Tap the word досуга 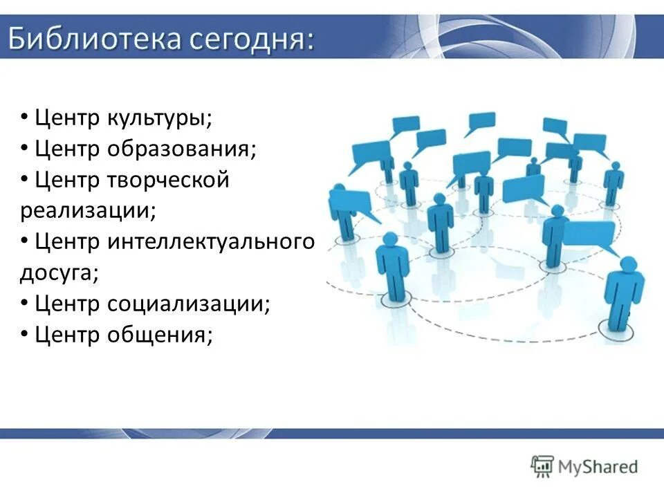(x=59, y=273)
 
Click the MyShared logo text (x=600, y=466)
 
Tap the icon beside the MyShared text (x=542, y=466)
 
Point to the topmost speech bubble (x=481, y=120)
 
